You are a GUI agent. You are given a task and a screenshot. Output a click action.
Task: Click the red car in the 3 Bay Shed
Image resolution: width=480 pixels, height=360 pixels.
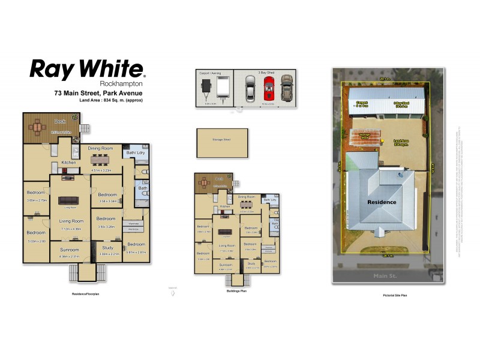click(x=269, y=89)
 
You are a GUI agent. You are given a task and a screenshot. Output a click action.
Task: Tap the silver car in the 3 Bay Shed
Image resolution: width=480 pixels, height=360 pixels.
click(x=251, y=89)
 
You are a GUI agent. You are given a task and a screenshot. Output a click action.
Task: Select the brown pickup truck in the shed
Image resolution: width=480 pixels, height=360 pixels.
click(x=286, y=89)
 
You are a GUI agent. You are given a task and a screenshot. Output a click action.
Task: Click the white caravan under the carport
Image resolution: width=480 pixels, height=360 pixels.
click(x=223, y=89)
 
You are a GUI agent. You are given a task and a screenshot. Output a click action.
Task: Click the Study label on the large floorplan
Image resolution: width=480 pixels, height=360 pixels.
click(x=107, y=247)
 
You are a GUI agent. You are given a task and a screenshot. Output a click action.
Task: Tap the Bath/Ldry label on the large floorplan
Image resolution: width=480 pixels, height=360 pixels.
click(x=135, y=153)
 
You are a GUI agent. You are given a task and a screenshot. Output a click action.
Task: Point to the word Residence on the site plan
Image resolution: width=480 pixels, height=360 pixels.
click(x=382, y=202)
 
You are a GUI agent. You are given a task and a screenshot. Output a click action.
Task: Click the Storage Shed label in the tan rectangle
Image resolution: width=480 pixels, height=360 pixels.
click(x=221, y=140)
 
